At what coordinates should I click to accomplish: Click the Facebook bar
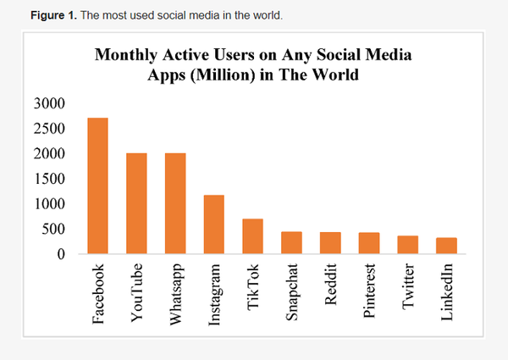pos(97,186)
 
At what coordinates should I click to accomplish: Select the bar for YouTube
pos(136,203)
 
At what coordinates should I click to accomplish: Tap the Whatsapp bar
pos(175,203)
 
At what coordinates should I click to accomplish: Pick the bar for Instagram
pos(214,224)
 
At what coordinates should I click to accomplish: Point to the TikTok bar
pos(253,236)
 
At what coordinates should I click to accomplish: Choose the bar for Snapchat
pos(291,242)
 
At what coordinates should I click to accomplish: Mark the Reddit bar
pos(330,242)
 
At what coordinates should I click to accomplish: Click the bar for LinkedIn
pos(446,246)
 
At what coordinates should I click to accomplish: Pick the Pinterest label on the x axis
pos(369,293)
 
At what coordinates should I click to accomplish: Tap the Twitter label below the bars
pos(408,290)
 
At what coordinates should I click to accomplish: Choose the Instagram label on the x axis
pos(214,295)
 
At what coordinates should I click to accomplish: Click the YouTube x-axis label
pos(136,292)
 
